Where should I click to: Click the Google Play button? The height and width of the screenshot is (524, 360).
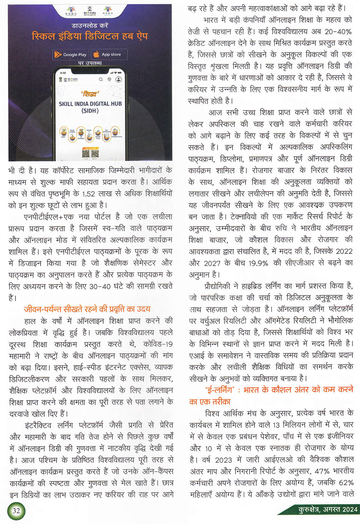coord(71,54)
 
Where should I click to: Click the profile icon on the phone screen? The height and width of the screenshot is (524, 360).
coord(118,79)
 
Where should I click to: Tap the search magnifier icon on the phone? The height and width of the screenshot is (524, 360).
coord(101,79)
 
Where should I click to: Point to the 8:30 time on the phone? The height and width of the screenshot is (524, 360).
coord(63,73)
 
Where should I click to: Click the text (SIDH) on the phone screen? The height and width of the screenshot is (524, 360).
coord(90,111)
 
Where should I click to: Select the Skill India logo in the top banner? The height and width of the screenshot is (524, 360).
coord(90,11)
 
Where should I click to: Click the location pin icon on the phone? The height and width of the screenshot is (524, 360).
coord(109,79)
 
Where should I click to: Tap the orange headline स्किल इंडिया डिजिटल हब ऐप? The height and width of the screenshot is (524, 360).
coord(90,36)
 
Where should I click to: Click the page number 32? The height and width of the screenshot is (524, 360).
coord(16,510)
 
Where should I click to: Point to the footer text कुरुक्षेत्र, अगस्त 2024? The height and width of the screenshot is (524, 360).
coord(328,509)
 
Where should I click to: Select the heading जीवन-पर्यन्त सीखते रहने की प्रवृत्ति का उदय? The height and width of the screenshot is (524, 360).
coord(87,309)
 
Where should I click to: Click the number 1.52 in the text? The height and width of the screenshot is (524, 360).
coord(89,194)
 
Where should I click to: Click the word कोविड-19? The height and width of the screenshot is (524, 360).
coord(158,344)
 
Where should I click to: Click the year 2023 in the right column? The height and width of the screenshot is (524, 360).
coord(224,460)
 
